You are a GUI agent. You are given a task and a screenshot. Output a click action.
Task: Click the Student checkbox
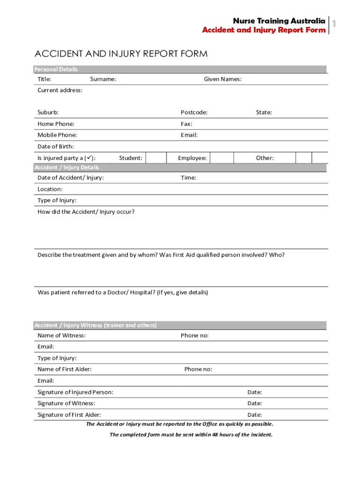pos(156,158)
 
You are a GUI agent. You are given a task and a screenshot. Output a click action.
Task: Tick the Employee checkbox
pos(221,158)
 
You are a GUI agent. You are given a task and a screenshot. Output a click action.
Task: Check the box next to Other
pos(304,158)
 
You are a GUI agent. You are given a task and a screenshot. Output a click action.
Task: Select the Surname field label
pos(103,79)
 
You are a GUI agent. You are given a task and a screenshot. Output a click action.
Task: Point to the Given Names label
pos(223,79)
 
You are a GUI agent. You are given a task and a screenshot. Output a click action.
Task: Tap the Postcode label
pos(194,112)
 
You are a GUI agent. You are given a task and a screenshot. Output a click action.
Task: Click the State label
pos(264,112)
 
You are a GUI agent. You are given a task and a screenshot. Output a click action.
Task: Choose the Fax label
pos(187,124)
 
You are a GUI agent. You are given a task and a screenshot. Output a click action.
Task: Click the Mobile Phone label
pos(57,135)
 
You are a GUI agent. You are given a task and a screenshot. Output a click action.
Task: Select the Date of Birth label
pos(56,146)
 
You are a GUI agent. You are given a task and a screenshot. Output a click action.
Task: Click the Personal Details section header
pos(56,69)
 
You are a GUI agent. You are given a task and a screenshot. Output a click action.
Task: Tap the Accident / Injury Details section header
pos(66,167)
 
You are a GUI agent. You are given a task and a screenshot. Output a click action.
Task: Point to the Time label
pos(188,178)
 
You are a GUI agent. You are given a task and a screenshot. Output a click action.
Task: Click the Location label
pos(50,189)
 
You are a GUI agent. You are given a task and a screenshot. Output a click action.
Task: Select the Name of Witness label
pos(61,335)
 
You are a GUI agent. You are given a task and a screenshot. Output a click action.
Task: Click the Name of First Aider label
pos(65,369)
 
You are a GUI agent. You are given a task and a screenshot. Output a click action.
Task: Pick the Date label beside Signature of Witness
pos(254,403)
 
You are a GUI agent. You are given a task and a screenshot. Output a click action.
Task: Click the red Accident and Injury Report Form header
pos(264,30)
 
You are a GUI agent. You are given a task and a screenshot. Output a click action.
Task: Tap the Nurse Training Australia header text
pos(279,21)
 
